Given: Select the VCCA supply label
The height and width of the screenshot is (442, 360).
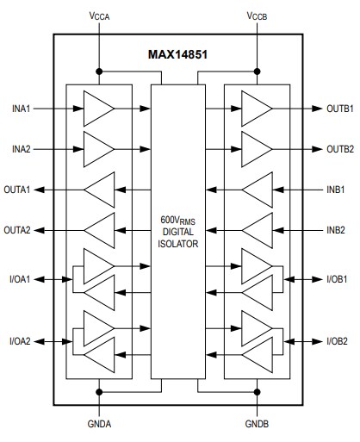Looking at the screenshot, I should coord(100,16).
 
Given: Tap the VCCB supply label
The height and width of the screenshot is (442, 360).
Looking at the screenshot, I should coord(258,16).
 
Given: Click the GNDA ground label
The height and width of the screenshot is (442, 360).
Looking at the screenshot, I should coord(99,426).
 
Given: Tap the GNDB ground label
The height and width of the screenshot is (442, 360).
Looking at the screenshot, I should coord(257,426).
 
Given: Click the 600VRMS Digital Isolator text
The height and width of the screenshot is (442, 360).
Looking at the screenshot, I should coord(178,231).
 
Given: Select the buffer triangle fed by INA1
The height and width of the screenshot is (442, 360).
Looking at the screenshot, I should coord(96,109).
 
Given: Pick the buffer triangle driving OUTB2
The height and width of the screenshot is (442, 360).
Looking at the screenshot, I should coord(256,149).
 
